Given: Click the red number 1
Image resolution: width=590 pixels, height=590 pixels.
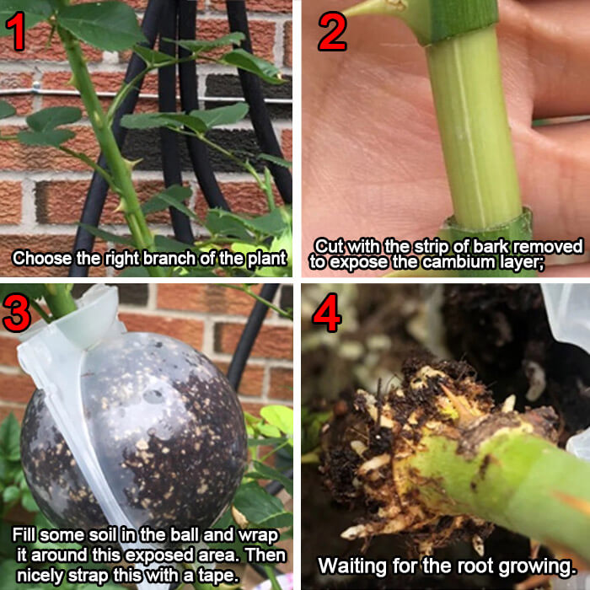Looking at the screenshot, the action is (x=16, y=31).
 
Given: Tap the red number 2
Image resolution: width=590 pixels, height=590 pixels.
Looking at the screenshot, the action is (x=332, y=31).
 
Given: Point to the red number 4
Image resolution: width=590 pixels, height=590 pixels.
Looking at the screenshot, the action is (x=327, y=313).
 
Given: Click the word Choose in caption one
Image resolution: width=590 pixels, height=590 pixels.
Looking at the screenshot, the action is (x=42, y=259).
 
